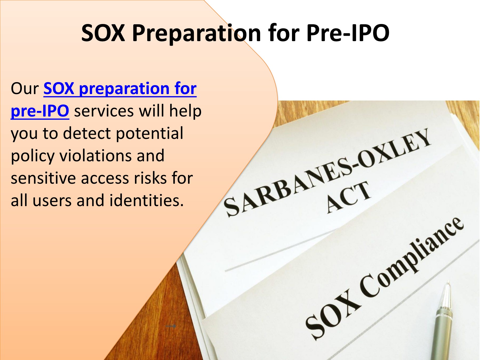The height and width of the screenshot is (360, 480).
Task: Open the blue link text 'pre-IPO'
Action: [x=40, y=111]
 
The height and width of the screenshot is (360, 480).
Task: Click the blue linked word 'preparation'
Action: [x=124, y=89]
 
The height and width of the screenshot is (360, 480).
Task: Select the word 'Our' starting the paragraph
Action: [x=25, y=89]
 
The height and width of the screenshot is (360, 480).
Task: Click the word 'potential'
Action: [x=150, y=134]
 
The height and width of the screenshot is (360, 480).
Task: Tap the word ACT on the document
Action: [x=348, y=197]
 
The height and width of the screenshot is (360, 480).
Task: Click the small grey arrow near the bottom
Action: [x=171, y=326]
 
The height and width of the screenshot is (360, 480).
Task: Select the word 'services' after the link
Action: [x=104, y=111]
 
